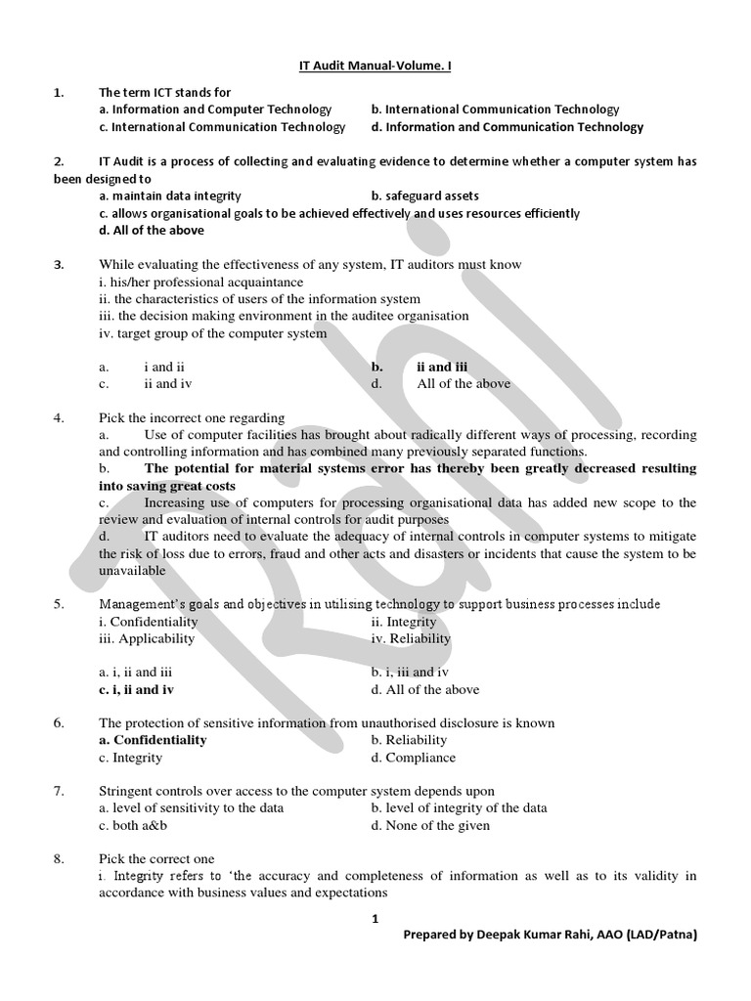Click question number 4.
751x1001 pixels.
coord(59,418)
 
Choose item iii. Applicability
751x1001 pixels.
coord(147,639)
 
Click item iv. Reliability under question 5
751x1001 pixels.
coord(411,639)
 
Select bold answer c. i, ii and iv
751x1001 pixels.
coord(137,690)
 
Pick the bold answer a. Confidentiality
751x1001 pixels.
coord(153,741)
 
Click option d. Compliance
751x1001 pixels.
coord(413,758)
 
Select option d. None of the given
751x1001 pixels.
coord(430,826)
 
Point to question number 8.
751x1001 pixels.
coord(59,859)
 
